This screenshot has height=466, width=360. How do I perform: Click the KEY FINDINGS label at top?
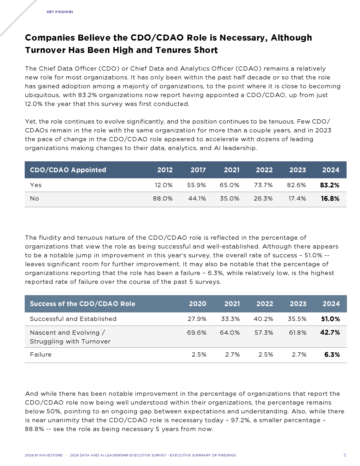coord(60,12)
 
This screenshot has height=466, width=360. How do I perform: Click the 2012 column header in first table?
coord(165,170)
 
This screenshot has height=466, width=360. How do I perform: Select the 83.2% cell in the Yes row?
coord(330,185)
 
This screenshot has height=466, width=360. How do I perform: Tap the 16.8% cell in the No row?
coord(330,198)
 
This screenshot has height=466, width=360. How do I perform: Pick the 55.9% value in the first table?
coord(197,185)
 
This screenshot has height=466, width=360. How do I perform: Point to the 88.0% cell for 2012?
coord(163,198)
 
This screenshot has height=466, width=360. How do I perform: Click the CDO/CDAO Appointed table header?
coord(68,170)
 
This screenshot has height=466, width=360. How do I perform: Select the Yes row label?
coord(36,185)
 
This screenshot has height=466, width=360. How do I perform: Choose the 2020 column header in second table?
coord(198,304)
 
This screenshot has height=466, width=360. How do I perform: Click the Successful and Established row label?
coord(73,319)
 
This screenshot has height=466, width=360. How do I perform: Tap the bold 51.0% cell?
coord(330,319)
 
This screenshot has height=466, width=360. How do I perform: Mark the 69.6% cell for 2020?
coord(197,333)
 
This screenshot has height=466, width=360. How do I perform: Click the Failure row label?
coord(41,354)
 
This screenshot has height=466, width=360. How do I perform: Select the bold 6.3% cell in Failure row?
coord(332,354)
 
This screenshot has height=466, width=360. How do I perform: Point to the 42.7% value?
coord(330,333)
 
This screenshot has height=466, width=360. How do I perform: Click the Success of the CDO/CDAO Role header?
coord(83,304)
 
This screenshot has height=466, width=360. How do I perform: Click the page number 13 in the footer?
coord(345,455)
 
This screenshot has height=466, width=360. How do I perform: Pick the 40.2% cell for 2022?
coord(263,319)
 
